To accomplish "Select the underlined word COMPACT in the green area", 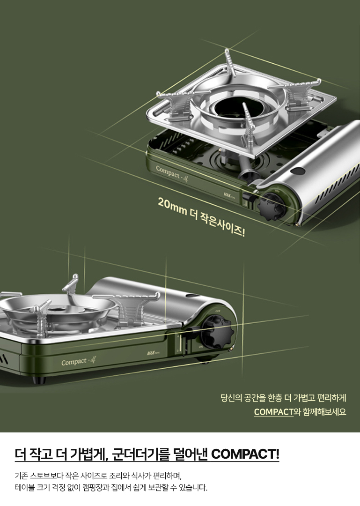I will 273,412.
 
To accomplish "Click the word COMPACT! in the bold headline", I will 245,454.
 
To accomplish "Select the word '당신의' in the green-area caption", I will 231,399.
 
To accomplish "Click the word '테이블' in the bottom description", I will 25,487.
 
